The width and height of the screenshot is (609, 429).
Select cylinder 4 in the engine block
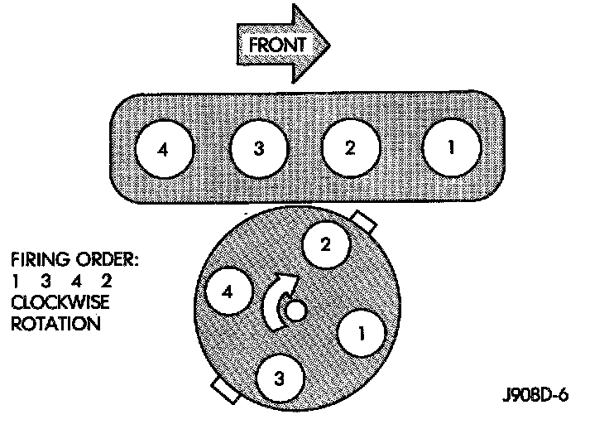pyautogui.click(x=165, y=150)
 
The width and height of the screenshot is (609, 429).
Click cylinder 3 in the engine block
pyautogui.click(x=258, y=150)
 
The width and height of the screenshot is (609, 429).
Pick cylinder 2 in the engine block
pyautogui.click(x=350, y=149)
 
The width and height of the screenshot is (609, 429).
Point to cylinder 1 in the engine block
pyautogui.click(x=450, y=148)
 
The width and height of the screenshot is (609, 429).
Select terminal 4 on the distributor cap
pyautogui.click(x=228, y=292)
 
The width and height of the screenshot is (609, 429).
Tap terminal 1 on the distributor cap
pyautogui.click(x=360, y=333)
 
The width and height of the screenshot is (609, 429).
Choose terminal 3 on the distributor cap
pyautogui.click(x=279, y=380)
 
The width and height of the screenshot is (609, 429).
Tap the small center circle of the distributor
pyautogui.click(x=295, y=312)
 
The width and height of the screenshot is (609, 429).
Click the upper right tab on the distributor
pyautogui.click(x=364, y=223)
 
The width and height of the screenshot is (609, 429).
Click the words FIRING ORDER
pyautogui.click(x=75, y=259)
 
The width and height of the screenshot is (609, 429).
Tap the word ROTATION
pyautogui.click(x=55, y=324)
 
